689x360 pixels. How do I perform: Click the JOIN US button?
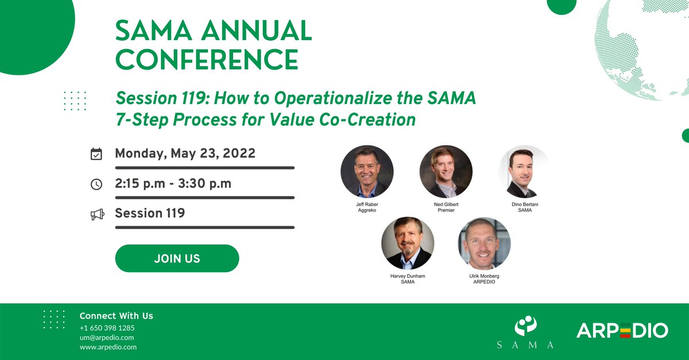177,258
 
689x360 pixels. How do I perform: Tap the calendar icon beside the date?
96,154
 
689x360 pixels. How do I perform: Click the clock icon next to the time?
96,184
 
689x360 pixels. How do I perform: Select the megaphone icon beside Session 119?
98,214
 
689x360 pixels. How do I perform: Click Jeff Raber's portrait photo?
367,171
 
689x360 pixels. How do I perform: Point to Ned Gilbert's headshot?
446,171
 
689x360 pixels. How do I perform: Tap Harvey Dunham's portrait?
408,243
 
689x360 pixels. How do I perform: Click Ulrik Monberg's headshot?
484,243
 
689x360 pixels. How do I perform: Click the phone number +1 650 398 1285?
107,328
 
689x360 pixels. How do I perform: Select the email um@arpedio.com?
107,338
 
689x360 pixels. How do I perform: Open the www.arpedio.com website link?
108,347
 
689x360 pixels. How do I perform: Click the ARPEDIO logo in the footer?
622,330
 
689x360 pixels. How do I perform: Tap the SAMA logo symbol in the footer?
526,326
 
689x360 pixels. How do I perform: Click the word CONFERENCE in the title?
207,59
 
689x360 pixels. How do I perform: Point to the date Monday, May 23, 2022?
185,153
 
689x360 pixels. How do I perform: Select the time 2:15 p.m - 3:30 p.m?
173,184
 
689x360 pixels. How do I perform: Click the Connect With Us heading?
116,316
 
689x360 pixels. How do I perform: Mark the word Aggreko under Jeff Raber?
367,210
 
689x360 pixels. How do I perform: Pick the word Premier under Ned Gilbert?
446,210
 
